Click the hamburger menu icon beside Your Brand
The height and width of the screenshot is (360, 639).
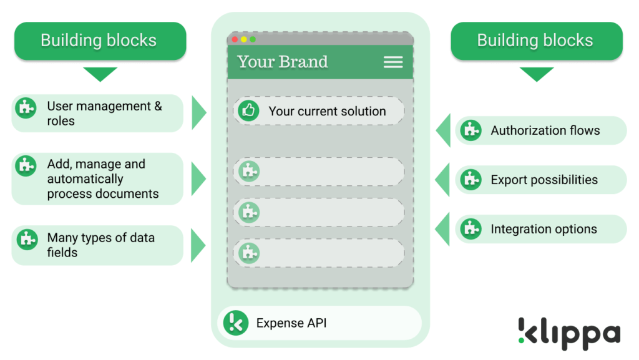pos(393,62)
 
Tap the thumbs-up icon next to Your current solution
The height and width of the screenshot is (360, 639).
pos(248,110)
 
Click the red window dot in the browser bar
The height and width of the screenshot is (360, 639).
pos(235,39)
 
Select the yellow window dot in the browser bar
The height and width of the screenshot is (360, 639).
pos(244,39)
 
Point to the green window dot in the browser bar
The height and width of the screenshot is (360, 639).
pos(253,39)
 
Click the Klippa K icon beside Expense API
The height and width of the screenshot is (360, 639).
pos(235,323)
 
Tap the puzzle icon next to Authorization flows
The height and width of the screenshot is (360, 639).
pos(471,130)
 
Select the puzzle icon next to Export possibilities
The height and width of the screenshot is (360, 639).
pos(471,180)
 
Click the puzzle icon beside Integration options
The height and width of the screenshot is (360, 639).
pos(471,229)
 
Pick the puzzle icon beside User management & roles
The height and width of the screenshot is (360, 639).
pos(26,108)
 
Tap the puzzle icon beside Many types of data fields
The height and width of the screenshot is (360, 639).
pos(27,239)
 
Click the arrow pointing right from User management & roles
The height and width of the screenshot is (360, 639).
pos(198,113)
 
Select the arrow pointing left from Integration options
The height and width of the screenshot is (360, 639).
pos(442,229)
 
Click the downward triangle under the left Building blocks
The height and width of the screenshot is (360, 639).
pos(100,74)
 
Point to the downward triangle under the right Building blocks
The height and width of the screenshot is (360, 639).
pos(537,74)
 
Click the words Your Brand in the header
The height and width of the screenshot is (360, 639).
pos(283,62)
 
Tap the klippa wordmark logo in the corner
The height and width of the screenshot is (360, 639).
pos(569,334)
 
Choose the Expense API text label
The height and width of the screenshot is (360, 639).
pos(291,323)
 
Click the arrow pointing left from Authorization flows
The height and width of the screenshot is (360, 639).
pos(444,130)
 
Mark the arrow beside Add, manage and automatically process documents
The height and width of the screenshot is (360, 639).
pos(198,179)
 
